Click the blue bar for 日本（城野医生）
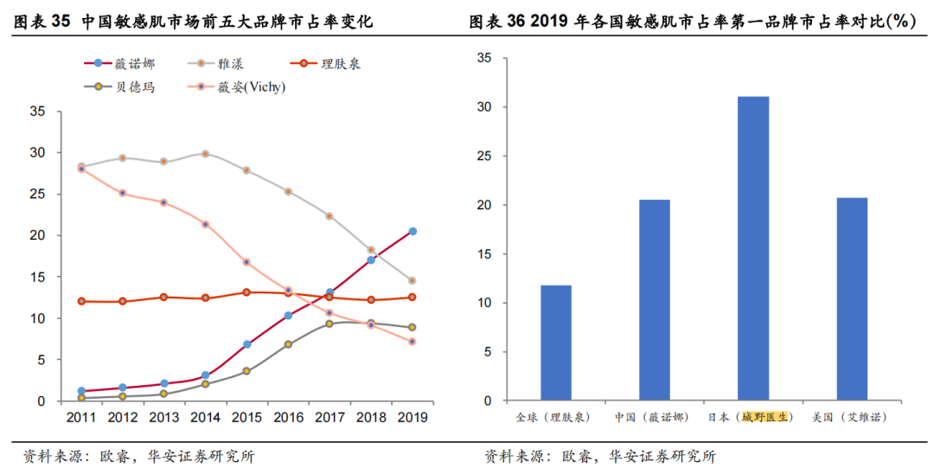click(752, 249)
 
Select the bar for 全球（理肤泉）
click(555, 343)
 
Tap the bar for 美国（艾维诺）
click(852, 299)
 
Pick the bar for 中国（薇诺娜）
click(654, 300)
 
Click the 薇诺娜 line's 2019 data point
click(413, 231)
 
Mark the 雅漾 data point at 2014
click(205, 154)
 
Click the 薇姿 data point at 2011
click(81, 169)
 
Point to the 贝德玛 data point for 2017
click(329, 324)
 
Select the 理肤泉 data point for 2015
click(246, 292)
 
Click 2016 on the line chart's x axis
click(288, 417)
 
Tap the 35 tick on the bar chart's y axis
click(484, 58)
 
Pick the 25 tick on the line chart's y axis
click(38, 194)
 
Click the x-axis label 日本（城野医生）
click(752, 417)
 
